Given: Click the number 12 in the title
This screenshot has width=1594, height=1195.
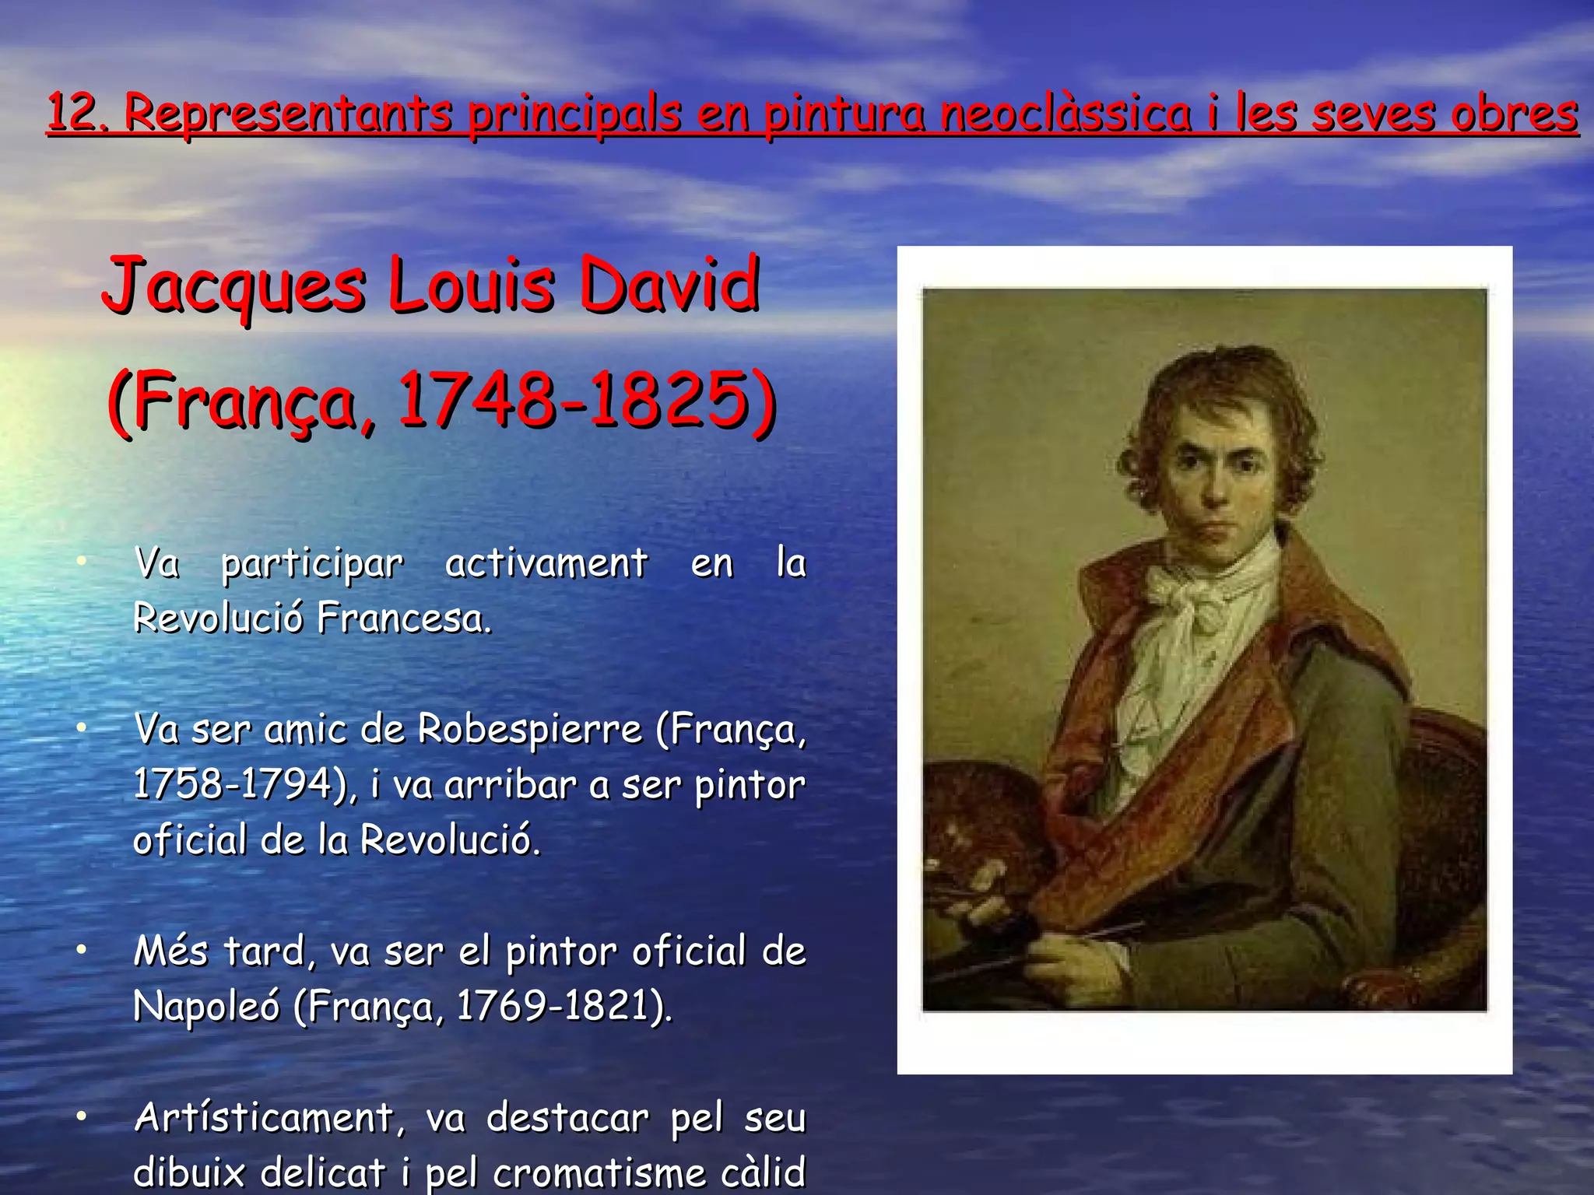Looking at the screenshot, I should coord(68,112).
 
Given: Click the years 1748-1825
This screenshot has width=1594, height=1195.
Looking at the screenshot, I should coord(573,401).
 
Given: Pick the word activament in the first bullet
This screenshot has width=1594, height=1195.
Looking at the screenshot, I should coord(546,563).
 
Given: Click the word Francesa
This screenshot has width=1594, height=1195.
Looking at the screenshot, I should coord(404,619).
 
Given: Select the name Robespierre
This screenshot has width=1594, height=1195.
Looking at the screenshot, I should coord(530,730).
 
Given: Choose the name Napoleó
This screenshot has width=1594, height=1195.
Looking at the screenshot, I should coord(206,1006).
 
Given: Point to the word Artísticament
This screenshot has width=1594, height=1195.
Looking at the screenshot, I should coord(264,1119).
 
